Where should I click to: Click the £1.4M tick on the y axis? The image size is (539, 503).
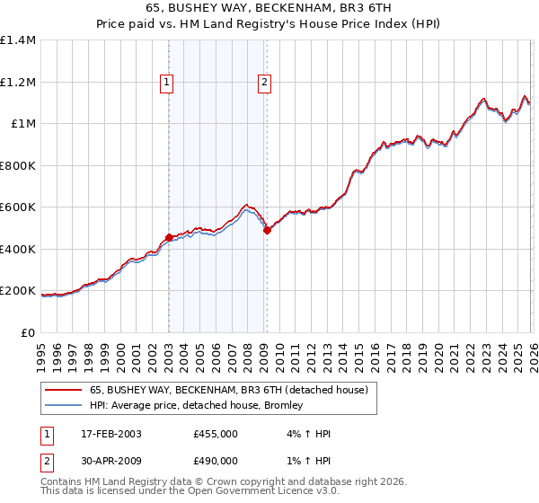pyautogui.click(x=18, y=40)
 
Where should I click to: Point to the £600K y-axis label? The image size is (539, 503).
pyautogui.click(x=18, y=207)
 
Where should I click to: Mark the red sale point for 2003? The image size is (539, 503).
pyautogui.click(x=169, y=238)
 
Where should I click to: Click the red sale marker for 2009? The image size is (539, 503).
pyautogui.click(x=267, y=231)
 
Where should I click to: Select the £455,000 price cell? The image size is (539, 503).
pyautogui.click(x=215, y=434)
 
